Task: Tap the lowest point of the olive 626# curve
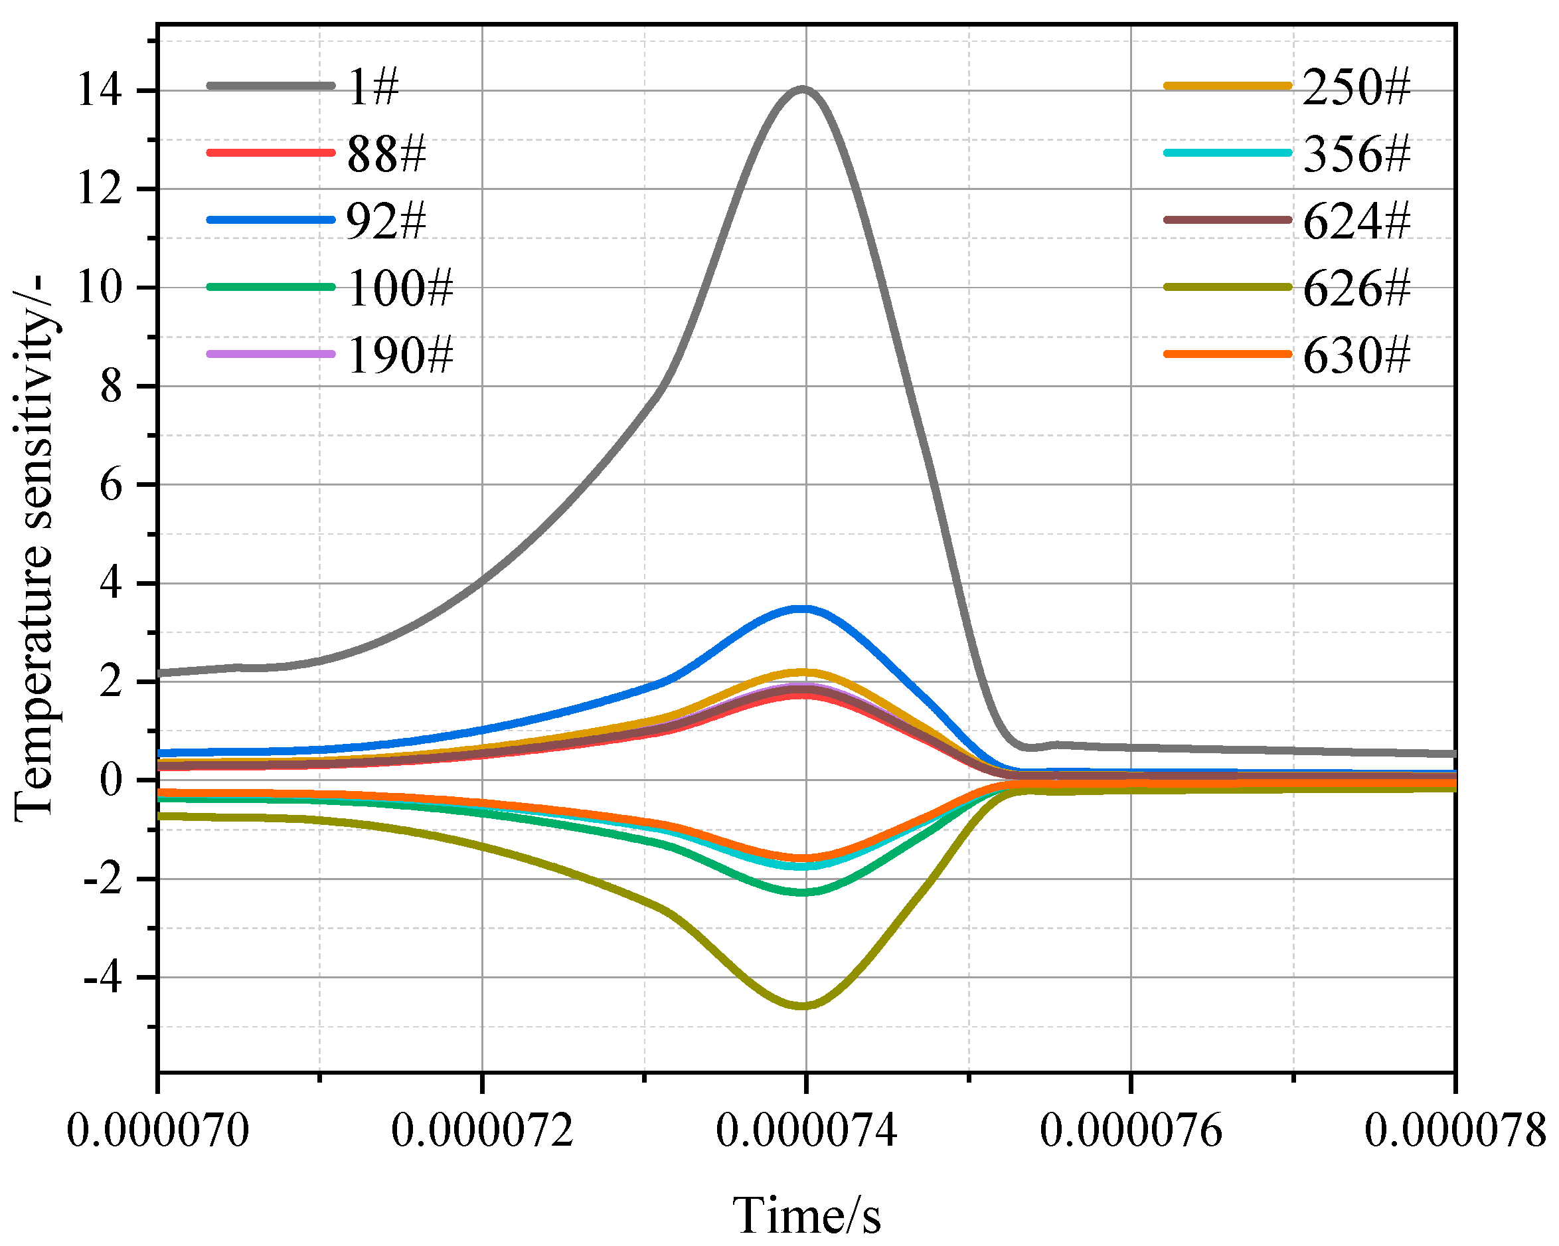[x=804, y=1004]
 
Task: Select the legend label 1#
[x=373, y=87]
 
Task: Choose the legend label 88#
[x=387, y=154]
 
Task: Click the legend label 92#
[x=387, y=221]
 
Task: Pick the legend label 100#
[x=400, y=288]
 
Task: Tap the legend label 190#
[x=400, y=355]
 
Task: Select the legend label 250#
[x=1356, y=87]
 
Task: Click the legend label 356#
[x=1356, y=154]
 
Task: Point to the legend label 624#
[x=1356, y=221]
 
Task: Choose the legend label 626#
[x=1356, y=288]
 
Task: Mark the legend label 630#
[x=1356, y=355]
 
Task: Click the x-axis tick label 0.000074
[x=806, y=1130]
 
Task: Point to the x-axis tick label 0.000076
[x=1131, y=1130]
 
